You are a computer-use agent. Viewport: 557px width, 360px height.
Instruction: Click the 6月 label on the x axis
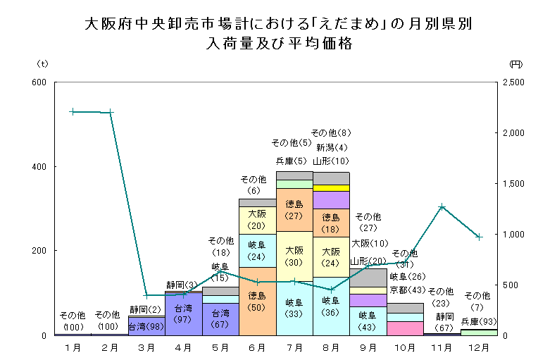(x=257, y=347)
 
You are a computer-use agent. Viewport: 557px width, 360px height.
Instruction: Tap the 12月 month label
(x=478, y=347)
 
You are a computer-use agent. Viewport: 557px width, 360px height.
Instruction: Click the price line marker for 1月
(x=73, y=111)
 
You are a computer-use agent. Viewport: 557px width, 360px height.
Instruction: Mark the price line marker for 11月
(x=442, y=206)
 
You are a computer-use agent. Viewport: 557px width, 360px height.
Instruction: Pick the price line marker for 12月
(x=479, y=237)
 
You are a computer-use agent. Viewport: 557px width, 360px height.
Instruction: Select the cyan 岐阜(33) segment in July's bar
(x=294, y=309)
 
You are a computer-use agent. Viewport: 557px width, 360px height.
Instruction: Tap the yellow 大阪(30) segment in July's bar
(x=294, y=255)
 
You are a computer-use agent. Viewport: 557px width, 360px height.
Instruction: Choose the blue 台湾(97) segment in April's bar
(x=183, y=314)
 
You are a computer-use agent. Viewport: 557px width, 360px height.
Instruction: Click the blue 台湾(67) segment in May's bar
(x=220, y=318)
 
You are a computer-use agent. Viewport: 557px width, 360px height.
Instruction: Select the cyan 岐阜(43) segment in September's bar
(x=368, y=321)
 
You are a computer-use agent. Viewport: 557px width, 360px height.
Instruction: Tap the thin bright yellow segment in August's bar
(x=331, y=188)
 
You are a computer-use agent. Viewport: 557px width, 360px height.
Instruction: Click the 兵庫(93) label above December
(x=478, y=321)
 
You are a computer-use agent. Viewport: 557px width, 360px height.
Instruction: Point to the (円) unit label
(x=515, y=64)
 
